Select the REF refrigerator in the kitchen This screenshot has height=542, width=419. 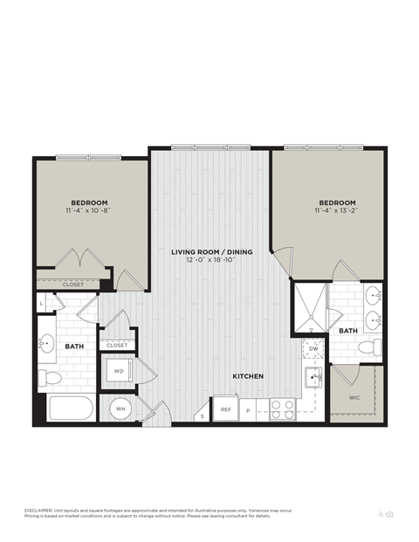(225, 408)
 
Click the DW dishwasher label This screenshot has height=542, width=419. (313, 349)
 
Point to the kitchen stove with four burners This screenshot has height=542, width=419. (282, 408)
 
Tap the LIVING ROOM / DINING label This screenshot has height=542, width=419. (211, 251)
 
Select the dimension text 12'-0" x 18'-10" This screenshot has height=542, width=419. (211, 260)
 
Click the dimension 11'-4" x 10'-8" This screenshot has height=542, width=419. (88, 210)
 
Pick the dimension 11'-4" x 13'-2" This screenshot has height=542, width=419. (336, 210)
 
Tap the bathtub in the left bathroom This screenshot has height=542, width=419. (69, 408)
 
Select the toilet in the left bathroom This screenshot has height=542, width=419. (52, 377)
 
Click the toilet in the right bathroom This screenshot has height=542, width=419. (368, 348)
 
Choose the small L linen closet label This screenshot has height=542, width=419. (42, 303)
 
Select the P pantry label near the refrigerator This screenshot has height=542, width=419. (248, 409)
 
